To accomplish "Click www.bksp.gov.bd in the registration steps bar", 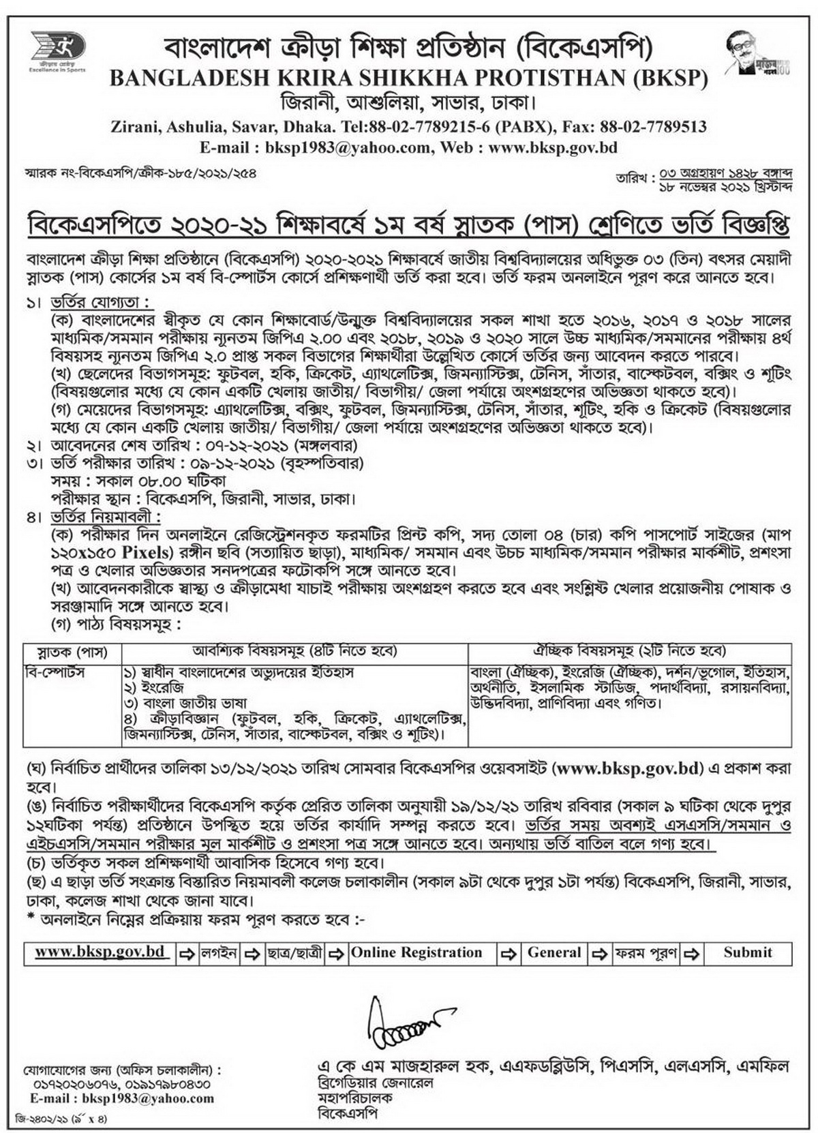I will point(100,952).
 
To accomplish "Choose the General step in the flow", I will point(554,953).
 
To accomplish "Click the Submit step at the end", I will point(748,953).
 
